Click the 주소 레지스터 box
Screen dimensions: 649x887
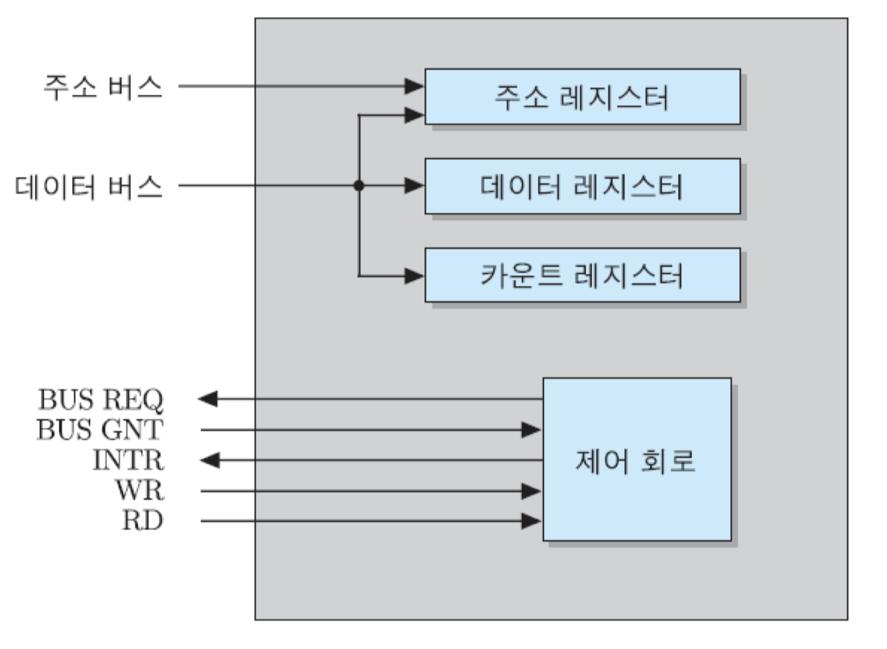pyautogui.click(x=582, y=97)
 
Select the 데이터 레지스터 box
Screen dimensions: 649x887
pyautogui.click(x=582, y=186)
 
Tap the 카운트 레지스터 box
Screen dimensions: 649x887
pyautogui.click(x=582, y=275)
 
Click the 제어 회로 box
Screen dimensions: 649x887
pyautogui.click(x=636, y=459)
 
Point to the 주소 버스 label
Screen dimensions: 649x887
pyautogui.click(x=103, y=87)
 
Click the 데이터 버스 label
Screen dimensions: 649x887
pyautogui.click(x=89, y=187)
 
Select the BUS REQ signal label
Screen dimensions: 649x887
pyautogui.click(x=100, y=399)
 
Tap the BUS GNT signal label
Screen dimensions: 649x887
pyautogui.click(x=99, y=430)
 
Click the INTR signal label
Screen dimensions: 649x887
pyautogui.click(x=128, y=460)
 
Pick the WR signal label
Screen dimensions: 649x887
pyautogui.click(x=139, y=490)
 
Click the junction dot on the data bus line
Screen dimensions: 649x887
pyautogui.click(x=359, y=186)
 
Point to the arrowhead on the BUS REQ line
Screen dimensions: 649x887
pyautogui.click(x=208, y=399)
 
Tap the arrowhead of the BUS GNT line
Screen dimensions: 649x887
pyautogui.click(x=532, y=430)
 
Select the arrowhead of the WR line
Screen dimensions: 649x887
pyautogui.click(x=532, y=491)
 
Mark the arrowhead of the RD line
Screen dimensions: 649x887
pyautogui.click(x=532, y=522)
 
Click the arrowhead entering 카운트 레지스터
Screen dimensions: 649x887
pyautogui.click(x=415, y=275)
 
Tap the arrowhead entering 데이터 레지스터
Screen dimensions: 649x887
pyautogui.click(x=415, y=186)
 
